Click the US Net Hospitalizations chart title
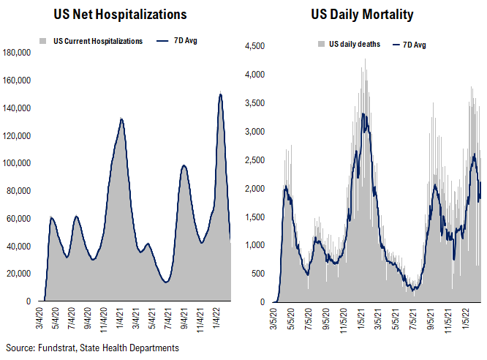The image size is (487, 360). [x=121, y=14]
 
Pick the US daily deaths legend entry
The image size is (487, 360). [x=353, y=45]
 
